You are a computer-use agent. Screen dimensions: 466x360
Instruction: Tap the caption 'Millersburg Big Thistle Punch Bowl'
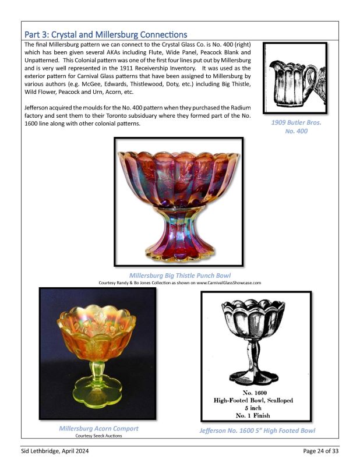pos(179,275)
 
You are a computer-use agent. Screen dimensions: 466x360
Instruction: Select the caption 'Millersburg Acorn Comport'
pos(98,429)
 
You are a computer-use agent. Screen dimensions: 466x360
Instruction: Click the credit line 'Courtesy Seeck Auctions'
pos(98,436)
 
